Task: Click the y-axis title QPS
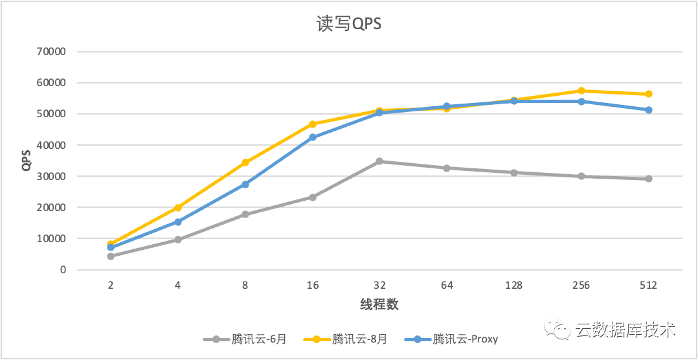point(27,161)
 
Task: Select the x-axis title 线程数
point(379,304)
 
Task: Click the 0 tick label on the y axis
point(63,270)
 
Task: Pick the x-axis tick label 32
point(379,286)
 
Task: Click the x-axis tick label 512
point(647,286)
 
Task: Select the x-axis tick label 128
point(513,286)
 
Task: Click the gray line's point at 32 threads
point(379,161)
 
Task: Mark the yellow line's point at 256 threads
point(581,91)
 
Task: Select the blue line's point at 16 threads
point(312,137)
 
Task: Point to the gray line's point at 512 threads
point(648,179)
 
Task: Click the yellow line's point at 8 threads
point(245,163)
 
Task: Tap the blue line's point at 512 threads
point(648,110)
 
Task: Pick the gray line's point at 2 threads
point(111,256)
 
